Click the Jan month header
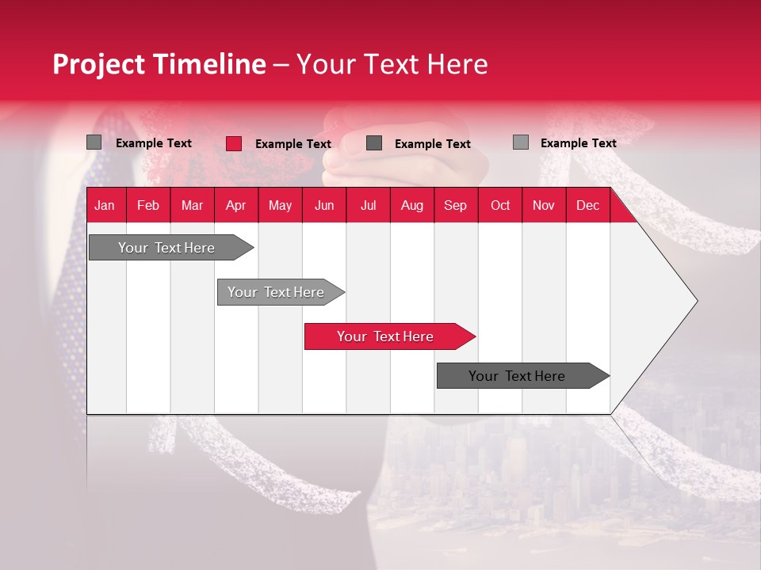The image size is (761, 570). click(x=105, y=205)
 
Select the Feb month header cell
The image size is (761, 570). click(x=148, y=205)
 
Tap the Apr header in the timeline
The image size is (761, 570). click(x=236, y=205)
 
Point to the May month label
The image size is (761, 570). click(x=280, y=205)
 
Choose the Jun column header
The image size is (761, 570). click(x=324, y=205)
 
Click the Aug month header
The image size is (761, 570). click(x=412, y=205)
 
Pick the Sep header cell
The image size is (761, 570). click(x=456, y=205)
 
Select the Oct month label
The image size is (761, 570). click(x=500, y=205)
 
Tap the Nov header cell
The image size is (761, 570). click(x=544, y=205)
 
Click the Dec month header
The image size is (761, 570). click(x=588, y=205)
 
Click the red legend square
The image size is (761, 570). click(x=234, y=143)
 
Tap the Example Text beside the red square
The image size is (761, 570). click(x=293, y=144)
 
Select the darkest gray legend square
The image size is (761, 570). click(x=374, y=143)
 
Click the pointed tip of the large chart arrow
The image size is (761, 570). click(x=696, y=300)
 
